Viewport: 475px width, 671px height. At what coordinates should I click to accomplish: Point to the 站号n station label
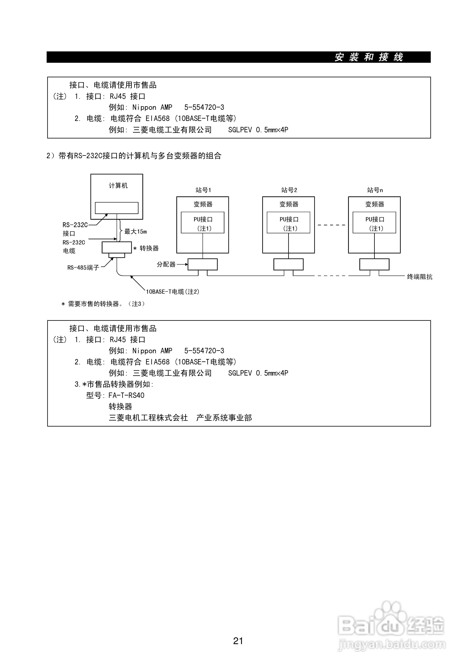click(375, 190)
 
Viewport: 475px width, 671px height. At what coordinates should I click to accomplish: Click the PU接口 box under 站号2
click(288, 223)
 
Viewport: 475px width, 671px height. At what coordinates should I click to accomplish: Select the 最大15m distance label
click(135, 232)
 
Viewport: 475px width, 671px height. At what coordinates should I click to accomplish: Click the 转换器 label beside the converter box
click(149, 248)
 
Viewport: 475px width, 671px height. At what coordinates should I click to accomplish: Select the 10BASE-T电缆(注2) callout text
click(173, 291)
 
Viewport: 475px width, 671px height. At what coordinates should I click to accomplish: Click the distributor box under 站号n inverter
click(374, 264)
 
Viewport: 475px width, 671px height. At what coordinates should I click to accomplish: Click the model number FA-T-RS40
click(126, 395)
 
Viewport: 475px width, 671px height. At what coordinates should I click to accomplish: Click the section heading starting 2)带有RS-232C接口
click(134, 156)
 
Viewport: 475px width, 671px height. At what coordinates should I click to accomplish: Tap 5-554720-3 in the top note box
click(204, 107)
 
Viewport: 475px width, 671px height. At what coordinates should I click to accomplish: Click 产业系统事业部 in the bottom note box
click(224, 418)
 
